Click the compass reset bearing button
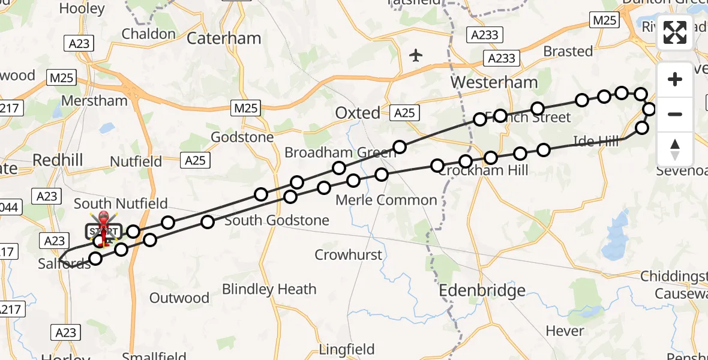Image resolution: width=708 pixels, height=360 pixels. point(675,149)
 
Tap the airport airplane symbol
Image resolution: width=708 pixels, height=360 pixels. point(416,56)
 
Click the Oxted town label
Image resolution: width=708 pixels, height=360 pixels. point(358,113)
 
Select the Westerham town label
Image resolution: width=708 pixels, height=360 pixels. point(494,82)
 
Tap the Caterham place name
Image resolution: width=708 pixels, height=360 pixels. point(224,38)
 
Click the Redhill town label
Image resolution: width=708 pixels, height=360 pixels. point(58,160)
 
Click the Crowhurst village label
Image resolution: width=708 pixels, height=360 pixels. point(348,255)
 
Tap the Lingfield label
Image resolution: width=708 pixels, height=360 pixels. point(346,349)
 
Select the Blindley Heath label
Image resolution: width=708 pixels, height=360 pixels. point(269,289)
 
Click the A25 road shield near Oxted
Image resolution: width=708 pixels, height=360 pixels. point(405,113)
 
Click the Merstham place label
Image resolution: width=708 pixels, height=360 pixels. point(94,101)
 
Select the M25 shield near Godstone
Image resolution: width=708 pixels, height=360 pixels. point(245,109)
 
